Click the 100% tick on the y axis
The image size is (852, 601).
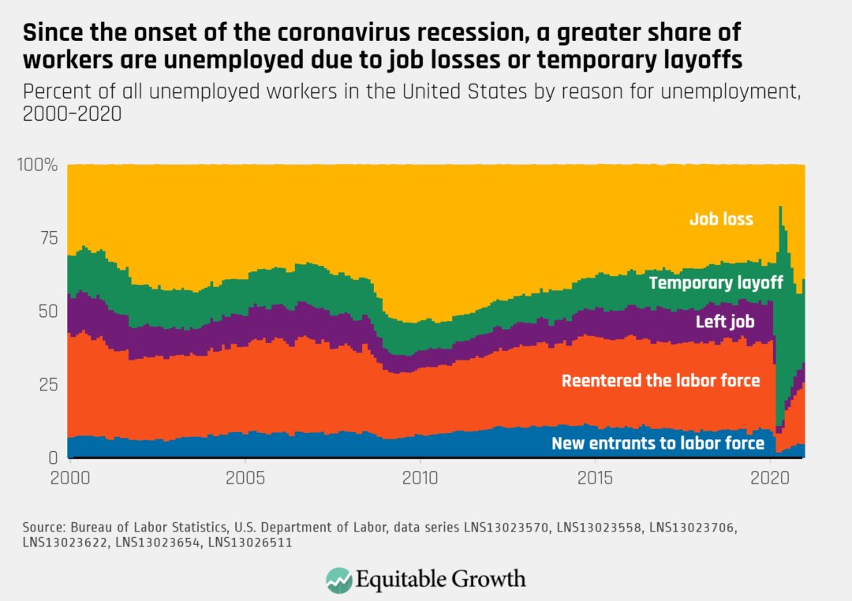(x=36, y=166)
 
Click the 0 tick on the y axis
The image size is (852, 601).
(x=52, y=457)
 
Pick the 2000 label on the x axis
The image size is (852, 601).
(x=68, y=478)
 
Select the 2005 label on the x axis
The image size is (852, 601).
(x=245, y=478)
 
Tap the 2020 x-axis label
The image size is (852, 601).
(x=771, y=478)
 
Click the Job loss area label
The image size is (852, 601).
(x=721, y=218)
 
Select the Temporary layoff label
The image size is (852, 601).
(x=716, y=282)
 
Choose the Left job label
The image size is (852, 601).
(x=725, y=322)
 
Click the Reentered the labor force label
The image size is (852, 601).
(x=660, y=381)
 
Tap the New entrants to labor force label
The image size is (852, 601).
(x=658, y=443)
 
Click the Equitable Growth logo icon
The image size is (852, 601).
(x=339, y=579)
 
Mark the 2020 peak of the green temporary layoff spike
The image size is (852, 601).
(x=780, y=207)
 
